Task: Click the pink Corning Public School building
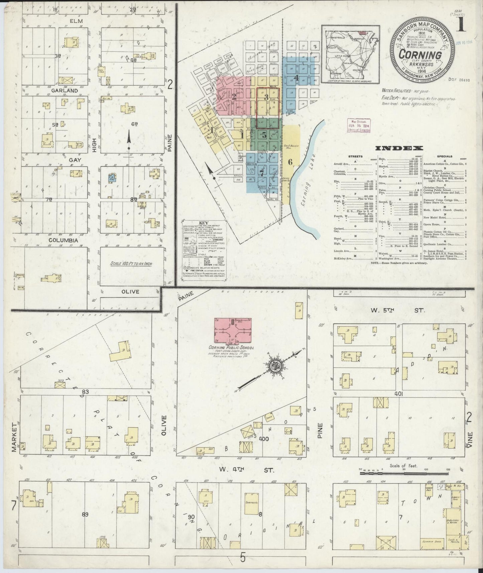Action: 233,331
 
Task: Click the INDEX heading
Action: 399,148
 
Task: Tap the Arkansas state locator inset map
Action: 350,54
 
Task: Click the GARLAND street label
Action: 65,91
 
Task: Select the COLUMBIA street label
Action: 63,240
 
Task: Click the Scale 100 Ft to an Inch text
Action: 131,264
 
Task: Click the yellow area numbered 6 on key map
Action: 290,162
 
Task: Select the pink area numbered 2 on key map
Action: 234,97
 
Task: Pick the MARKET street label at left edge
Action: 14,441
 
